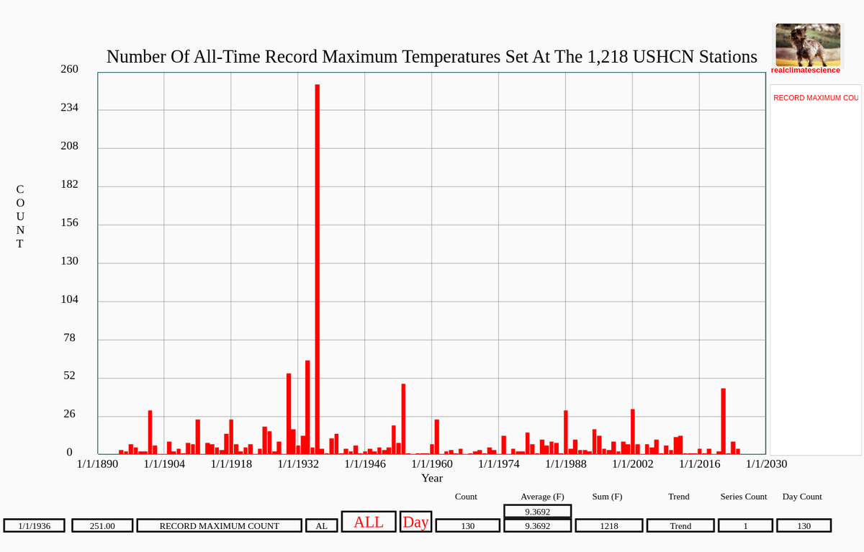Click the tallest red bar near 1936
317,269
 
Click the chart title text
432,57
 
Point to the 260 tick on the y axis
69,69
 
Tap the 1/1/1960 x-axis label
432,463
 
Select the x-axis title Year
432,477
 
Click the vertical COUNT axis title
20,217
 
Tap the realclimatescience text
805,71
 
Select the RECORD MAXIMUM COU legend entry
815,98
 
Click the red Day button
415,522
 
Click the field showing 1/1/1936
35,526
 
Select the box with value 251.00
102,526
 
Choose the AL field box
321,526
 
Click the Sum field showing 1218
609,526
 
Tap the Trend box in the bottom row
680,526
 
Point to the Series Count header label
743,497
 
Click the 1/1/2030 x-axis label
766,463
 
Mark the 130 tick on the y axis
69,261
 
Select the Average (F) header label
542,497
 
